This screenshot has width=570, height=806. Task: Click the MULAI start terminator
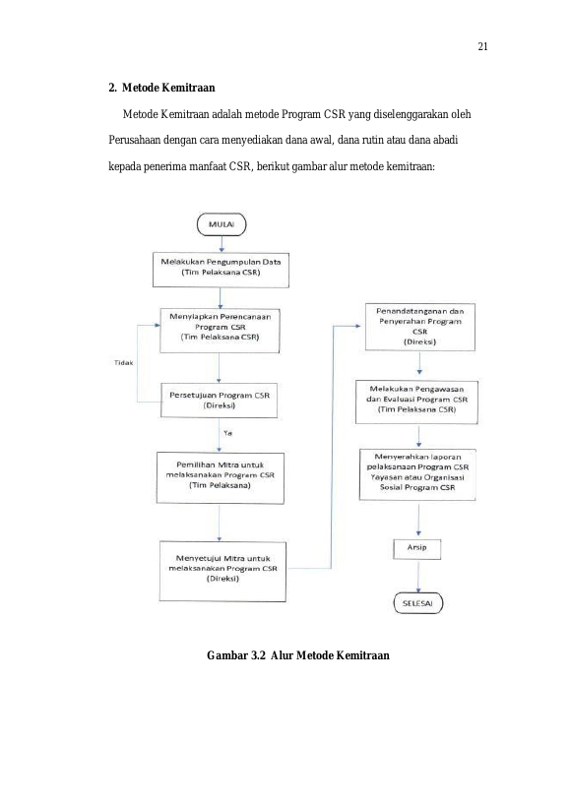click(222, 224)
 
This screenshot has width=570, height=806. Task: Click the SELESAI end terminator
click(417, 603)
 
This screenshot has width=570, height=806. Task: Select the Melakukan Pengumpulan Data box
click(221, 270)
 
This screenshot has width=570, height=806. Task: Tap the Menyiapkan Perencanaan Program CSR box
click(220, 330)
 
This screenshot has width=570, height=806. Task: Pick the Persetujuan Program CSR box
click(219, 400)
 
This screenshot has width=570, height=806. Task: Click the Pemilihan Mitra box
click(220, 478)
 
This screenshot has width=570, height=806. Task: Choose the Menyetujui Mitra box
click(222, 571)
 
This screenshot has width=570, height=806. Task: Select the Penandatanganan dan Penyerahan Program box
click(420, 327)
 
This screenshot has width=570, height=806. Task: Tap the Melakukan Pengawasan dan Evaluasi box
click(416, 402)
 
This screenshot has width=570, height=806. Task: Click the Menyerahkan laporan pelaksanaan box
click(417, 475)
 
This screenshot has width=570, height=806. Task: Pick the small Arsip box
click(416, 548)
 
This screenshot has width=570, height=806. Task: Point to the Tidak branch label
click(123, 362)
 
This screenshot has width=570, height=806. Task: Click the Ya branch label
click(227, 433)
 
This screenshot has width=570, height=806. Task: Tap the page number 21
click(482, 47)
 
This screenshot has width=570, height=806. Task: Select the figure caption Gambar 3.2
click(298, 655)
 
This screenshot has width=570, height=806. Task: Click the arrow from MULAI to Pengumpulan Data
click(222, 244)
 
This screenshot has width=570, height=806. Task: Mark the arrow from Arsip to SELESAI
click(418, 577)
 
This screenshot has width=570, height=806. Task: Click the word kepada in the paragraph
click(124, 166)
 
